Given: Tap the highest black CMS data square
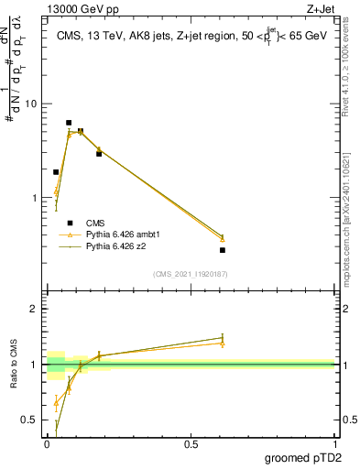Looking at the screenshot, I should pos(69,123).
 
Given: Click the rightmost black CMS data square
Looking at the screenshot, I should pos(223,250).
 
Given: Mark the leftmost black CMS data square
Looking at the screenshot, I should pos(56,172).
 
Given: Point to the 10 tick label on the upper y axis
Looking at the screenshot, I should pos(30,104).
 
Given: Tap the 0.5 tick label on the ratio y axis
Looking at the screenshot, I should pos(28,420).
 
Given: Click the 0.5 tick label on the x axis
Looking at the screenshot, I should pos(191,444).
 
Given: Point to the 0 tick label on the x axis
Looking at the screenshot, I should pos(47,444).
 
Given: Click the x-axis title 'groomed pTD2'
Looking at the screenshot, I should pos(303,457).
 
